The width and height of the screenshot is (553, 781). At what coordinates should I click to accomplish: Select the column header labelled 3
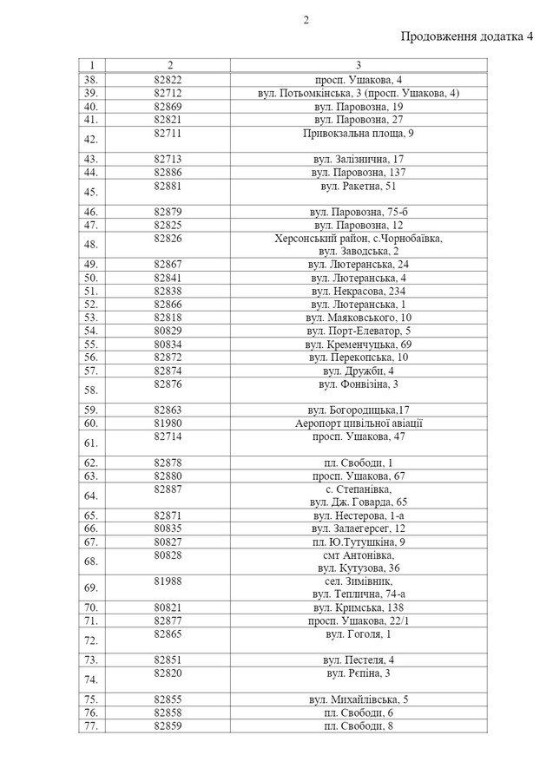(x=359, y=65)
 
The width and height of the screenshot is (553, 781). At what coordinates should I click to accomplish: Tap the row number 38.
(x=91, y=79)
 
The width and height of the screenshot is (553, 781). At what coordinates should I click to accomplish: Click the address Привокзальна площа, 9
(x=359, y=134)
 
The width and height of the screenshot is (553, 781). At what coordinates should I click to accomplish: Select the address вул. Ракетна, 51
(x=359, y=187)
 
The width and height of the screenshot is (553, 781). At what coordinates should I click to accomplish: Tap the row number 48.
(x=91, y=245)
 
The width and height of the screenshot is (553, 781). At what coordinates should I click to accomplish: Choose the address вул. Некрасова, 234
(x=359, y=291)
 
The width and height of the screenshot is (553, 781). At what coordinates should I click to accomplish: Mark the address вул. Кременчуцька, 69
(x=359, y=345)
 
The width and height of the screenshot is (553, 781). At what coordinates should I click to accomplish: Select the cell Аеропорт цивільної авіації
(x=359, y=423)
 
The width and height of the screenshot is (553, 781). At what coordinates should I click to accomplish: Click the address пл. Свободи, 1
(x=359, y=463)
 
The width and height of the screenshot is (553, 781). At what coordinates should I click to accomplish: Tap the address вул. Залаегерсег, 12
(x=359, y=528)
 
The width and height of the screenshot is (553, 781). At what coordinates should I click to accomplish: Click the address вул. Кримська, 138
(x=359, y=607)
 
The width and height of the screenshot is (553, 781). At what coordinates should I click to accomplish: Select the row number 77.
(x=91, y=725)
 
